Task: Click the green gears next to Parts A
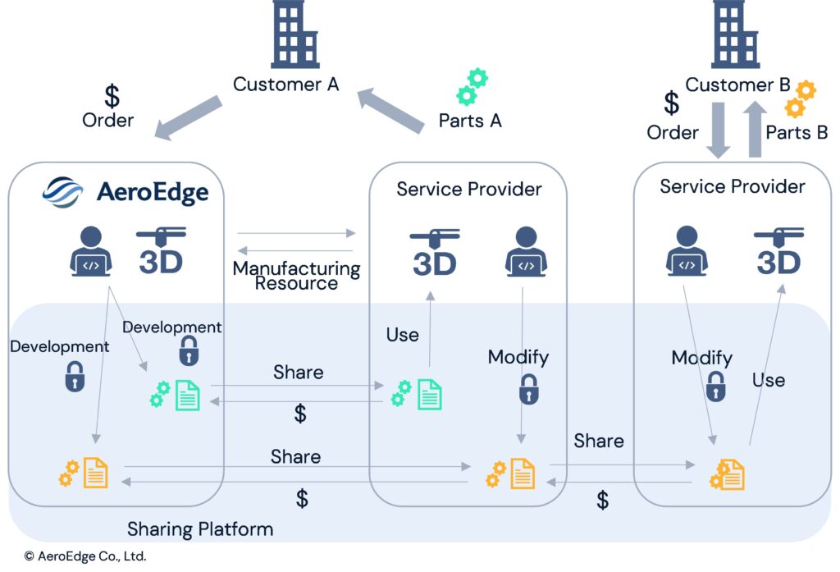coord(472,87)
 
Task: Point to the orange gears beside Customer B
coord(800,99)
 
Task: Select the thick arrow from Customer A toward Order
coord(188,117)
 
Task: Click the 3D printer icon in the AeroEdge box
coord(161,250)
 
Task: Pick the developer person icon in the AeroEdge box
coord(91,251)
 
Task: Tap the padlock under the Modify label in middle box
coord(529,389)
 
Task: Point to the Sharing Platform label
coord(200,529)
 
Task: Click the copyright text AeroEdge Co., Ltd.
coord(85,556)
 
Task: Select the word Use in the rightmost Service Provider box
coord(769,380)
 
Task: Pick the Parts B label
coord(797,132)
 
